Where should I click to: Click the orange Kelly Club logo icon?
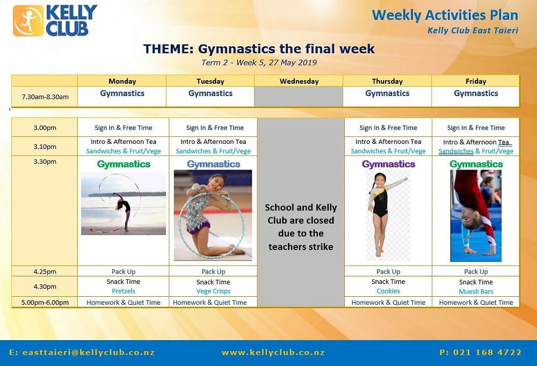pyautogui.click(x=29, y=20)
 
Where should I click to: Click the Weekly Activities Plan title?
pyautogui.click(x=445, y=16)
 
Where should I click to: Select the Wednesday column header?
pyautogui.click(x=299, y=81)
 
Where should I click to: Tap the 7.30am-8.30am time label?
pyautogui.click(x=45, y=97)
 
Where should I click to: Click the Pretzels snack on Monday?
pyautogui.click(x=124, y=291)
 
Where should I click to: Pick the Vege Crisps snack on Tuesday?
pyautogui.click(x=213, y=291)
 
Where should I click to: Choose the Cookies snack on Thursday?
pyautogui.click(x=388, y=291)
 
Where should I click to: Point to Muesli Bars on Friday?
pyautogui.click(x=476, y=292)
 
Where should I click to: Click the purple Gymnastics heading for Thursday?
pyautogui.click(x=388, y=164)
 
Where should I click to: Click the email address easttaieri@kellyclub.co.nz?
pyautogui.click(x=82, y=353)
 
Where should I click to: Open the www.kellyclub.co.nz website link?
pyautogui.click(x=273, y=353)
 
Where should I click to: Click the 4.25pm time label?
pyautogui.click(x=45, y=272)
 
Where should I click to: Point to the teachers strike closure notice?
pyautogui.click(x=301, y=227)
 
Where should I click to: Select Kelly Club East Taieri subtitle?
pyautogui.click(x=473, y=31)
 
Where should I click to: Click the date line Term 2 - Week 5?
pyautogui.click(x=259, y=63)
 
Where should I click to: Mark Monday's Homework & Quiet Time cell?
pyautogui.click(x=124, y=302)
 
